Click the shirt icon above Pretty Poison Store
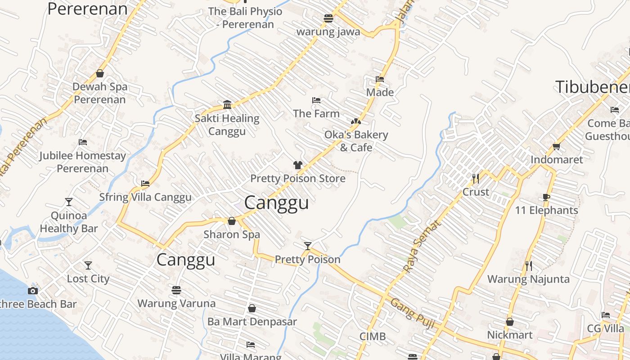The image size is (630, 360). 297,165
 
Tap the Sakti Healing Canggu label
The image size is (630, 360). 227,125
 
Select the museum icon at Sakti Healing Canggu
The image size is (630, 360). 227,105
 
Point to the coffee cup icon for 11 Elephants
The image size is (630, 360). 546,197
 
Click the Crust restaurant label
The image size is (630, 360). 476,192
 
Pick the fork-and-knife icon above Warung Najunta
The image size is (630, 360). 528,265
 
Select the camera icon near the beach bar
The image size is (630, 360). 32,291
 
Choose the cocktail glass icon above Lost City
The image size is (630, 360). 88,265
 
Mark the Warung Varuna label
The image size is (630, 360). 176,303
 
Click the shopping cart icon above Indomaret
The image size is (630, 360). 556,146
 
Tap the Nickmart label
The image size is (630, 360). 509,335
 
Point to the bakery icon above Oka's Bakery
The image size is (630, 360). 355,121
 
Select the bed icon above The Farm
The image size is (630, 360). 316,100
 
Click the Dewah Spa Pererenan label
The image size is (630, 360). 100,93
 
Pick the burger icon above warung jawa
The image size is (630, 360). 328,18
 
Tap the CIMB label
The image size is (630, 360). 373,336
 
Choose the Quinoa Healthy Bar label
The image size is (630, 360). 68,222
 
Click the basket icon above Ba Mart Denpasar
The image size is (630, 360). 252,308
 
